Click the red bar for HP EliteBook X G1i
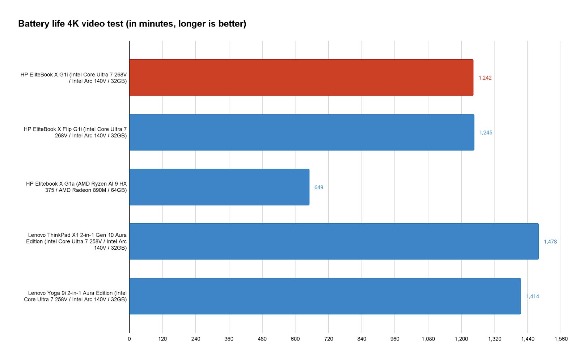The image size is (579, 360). click(x=301, y=77)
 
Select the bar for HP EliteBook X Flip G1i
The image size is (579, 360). click(x=301, y=132)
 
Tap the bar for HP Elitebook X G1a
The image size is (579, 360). click(x=219, y=187)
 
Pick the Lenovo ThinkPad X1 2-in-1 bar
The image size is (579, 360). click(x=334, y=241)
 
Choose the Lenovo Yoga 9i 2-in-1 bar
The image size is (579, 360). click(x=325, y=296)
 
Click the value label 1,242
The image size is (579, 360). click(x=485, y=78)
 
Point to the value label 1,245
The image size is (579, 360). click(x=486, y=133)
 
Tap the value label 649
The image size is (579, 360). click(x=319, y=187)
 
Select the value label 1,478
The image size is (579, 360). click(x=550, y=242)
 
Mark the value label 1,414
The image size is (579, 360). click(x=532, y=296)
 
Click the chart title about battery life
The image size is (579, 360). click(x=132, y=24)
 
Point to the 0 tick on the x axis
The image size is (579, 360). click(x=129, y=339)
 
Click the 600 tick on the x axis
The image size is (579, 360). click(x=295, y=339)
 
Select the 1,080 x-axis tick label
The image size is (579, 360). click(x=428, y=339)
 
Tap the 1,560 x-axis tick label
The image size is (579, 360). click(x=561, y=339)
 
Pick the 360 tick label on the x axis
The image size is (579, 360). click(x=229, y=339)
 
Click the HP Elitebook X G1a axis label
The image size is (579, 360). click(x=76, y=187)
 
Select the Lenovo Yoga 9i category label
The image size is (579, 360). click(x=75, y=296)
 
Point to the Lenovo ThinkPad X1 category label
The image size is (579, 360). click(x=76, y=241)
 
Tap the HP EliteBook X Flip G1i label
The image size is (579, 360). click(x=75, y=132)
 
